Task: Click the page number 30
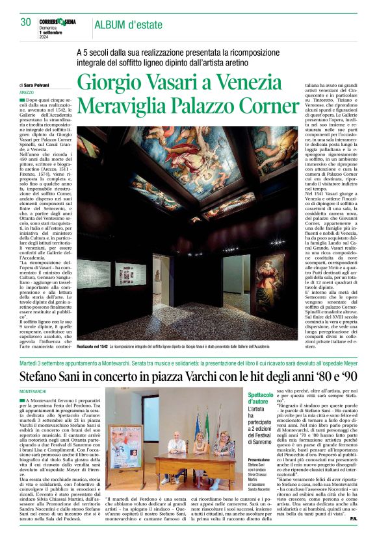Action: click(x=25, y=22)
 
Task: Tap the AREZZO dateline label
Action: click(x=27, y=93)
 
